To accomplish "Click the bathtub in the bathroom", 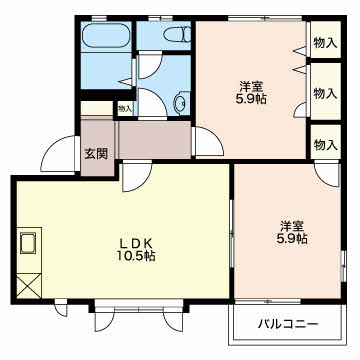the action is (105, 35).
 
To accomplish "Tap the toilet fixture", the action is (177, 34).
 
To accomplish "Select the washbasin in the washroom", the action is (181, 103).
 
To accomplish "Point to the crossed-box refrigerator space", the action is (29, 286).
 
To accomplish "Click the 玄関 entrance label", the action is (96, 154).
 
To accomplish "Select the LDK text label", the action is (136, 244).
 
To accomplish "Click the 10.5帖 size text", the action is (136, 256).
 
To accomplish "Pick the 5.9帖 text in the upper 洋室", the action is (251, 99).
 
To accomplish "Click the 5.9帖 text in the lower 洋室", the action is (292, 238).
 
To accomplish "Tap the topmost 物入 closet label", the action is (326, 43).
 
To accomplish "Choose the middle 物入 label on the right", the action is (326, 94).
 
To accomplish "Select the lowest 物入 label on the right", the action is (326, 145).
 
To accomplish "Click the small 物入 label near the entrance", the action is (125, 108).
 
